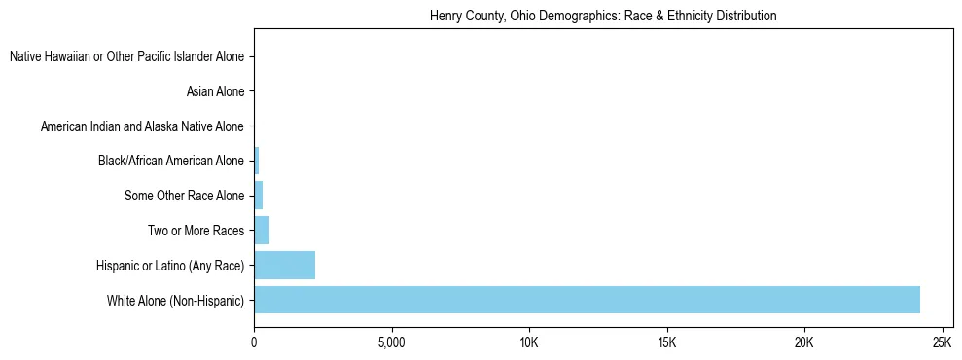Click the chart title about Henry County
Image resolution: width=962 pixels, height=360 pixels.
point(603,17)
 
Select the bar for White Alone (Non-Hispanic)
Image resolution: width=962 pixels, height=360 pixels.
point(587,300)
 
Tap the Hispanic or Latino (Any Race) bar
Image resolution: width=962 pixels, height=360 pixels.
point(284,266)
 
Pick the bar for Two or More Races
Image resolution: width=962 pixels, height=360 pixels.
point(262,231)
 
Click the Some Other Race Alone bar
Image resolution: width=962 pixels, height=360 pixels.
point(259,196)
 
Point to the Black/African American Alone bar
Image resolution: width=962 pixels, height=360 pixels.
point(257,162)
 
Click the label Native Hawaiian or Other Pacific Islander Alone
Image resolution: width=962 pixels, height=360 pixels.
point(126,57)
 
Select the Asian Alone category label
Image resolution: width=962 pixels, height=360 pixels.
point(215,92)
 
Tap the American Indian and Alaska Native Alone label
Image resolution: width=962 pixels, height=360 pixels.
point(142,127)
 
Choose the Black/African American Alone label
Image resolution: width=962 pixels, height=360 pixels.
point(171,162)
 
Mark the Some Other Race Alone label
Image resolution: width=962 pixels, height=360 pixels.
point(185,197)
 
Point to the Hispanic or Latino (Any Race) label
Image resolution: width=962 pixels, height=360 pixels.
point(170,266)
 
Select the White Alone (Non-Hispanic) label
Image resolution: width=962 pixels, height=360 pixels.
point(176,301)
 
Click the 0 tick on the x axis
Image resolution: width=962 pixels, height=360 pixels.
point(254,343)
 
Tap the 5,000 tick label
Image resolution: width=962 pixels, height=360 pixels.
point(391,343)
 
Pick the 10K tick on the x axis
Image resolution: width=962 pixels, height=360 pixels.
point(529,343)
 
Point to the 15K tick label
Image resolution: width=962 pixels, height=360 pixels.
point(666,343)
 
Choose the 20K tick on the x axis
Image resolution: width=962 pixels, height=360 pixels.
point(803,343)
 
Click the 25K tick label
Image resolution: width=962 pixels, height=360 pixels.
point(942,343)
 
